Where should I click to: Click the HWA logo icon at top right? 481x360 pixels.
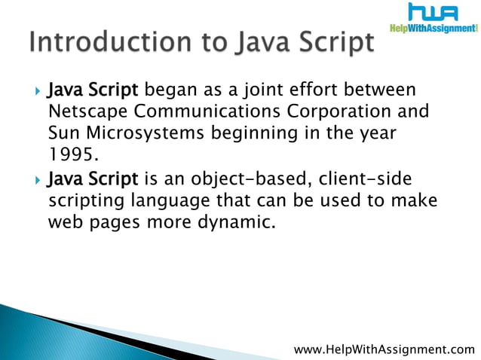pos(434,13)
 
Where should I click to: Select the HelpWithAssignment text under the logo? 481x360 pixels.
pos(434,29)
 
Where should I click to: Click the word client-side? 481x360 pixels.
pos(363,179)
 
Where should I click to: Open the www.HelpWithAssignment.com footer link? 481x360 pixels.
pos(384,349)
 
